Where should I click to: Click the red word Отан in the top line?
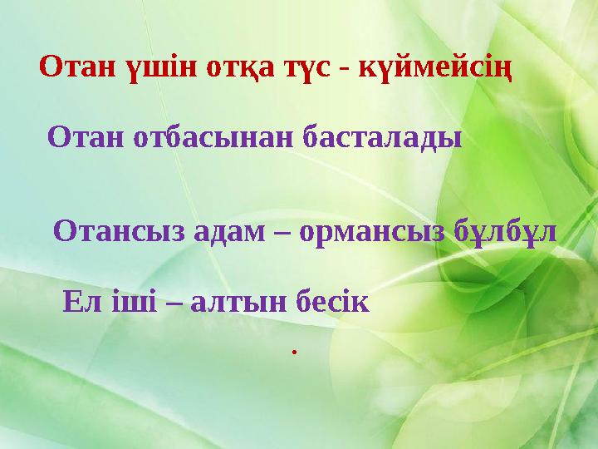point(78,66)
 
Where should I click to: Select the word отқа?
point(236,67)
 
